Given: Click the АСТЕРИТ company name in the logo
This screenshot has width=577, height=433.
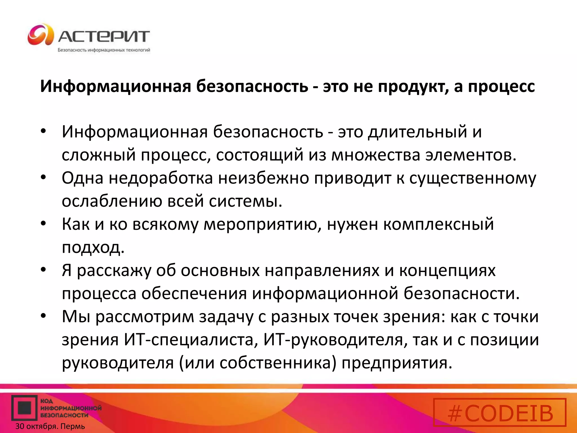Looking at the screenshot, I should [x=104, y=36].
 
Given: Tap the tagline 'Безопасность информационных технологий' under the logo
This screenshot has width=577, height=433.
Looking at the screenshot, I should [x=104, y=50].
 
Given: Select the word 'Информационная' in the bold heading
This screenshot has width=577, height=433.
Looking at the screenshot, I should [x=116, y=87].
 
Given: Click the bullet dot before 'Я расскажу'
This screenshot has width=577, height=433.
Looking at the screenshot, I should [x=43, y=270].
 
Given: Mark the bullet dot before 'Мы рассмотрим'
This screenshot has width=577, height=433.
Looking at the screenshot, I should [x=43, y=316].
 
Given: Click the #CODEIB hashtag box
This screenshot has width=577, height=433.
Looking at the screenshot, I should [x=500, y=412].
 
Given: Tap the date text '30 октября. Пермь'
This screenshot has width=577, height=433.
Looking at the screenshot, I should [x=50, y=426].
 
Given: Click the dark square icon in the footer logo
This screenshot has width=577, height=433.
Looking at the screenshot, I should [x=24, y=408].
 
